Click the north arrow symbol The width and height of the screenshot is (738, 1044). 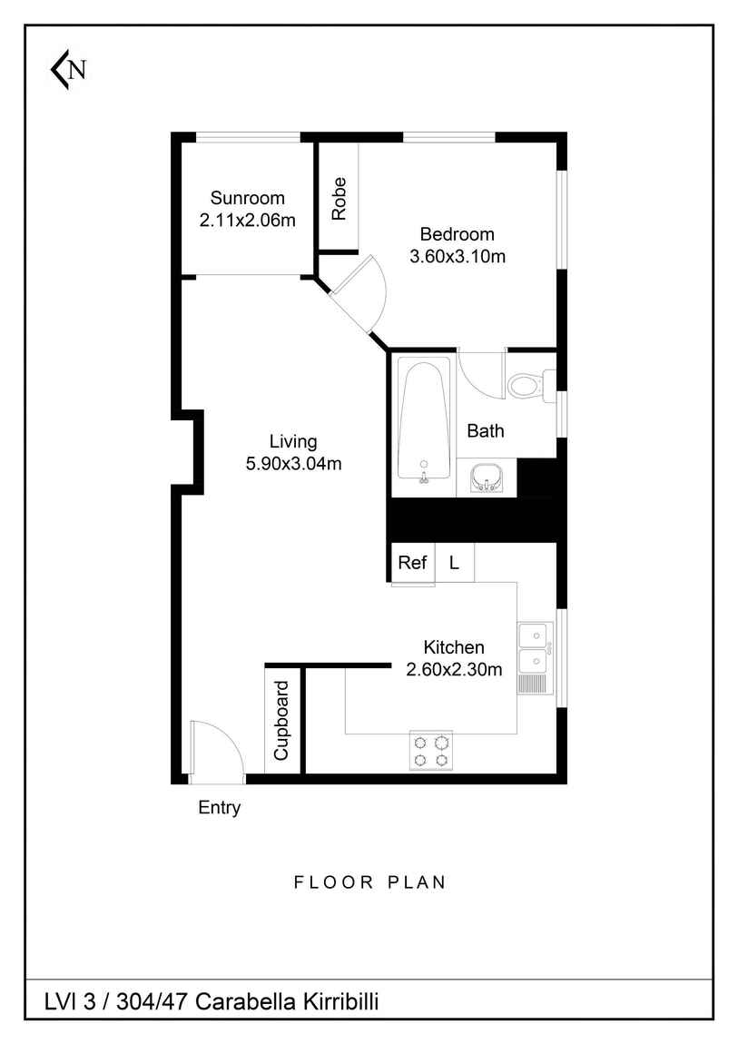67,70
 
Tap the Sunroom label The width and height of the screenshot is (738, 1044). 247,198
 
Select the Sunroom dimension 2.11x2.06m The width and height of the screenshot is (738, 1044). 248,220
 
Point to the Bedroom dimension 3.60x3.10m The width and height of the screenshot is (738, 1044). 457,256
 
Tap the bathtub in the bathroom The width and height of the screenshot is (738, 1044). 424,422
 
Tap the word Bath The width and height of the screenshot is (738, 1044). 485,431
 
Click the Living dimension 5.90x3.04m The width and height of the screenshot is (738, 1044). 293,464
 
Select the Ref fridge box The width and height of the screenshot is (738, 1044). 412,563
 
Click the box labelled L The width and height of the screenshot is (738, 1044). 455,563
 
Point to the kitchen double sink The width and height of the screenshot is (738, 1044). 535,648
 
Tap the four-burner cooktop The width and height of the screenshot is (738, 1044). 431,750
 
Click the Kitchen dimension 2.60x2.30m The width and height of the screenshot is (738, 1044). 454,670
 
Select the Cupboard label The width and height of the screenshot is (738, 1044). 282,720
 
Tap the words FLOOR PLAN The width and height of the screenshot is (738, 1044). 369,881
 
